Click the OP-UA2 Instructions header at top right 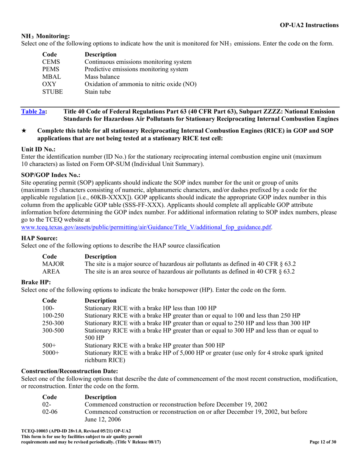[x=309, y=25]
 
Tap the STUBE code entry [x=52, y=92]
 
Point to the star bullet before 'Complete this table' [x=24, y=131]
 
